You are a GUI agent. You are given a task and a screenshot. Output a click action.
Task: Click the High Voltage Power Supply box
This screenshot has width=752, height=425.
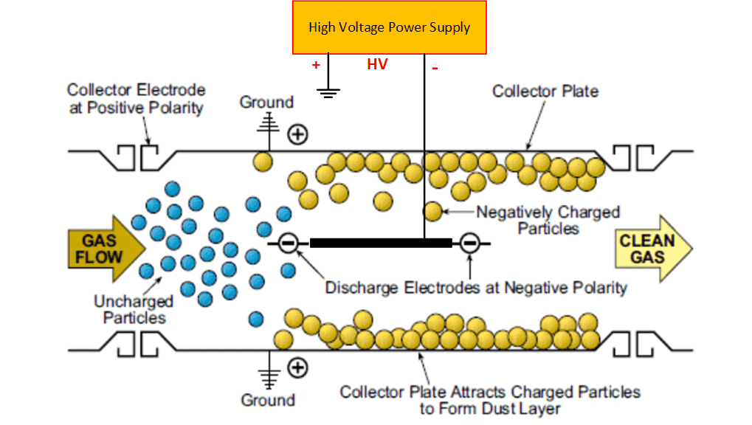[389, 27]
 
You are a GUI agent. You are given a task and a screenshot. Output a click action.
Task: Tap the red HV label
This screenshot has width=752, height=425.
[377, 65]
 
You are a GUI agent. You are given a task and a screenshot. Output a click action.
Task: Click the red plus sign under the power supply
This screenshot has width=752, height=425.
[316, 65]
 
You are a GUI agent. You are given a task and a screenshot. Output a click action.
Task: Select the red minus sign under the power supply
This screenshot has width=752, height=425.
[435, 68]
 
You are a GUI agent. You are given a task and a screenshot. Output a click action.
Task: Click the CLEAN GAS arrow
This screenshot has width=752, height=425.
[649, 249]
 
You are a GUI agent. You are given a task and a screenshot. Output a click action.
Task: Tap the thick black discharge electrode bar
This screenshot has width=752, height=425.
[380, 242]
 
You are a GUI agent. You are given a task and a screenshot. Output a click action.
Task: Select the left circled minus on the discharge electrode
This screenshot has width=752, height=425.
[289, 242]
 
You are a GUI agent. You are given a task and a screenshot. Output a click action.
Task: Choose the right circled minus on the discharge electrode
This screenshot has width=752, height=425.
[470, 242]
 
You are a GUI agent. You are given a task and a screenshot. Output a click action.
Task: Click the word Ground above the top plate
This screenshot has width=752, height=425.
[266, 102]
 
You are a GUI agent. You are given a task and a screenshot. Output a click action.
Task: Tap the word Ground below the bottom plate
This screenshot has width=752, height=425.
[267, 400]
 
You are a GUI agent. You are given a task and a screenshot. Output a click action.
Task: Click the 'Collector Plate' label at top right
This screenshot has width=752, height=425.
[545, 91]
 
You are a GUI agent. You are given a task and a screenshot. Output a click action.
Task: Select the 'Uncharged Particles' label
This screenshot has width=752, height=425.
[134, 309]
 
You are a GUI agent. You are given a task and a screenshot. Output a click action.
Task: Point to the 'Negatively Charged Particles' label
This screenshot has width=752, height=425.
[548, 220]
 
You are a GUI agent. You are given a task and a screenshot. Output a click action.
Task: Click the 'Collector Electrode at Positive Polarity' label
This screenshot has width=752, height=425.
[136, 98]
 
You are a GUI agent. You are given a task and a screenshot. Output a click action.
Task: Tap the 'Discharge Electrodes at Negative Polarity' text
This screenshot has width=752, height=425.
[476, 287]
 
